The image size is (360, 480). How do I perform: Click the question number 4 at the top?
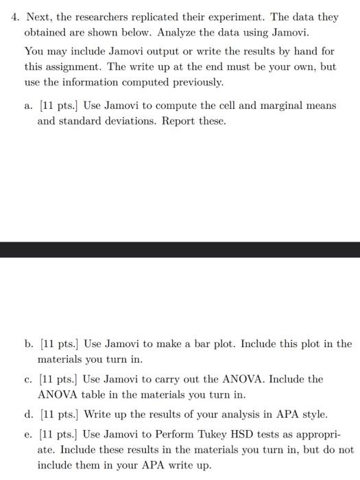(x=14, y=16)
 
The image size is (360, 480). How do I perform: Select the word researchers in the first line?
(x=108, y=16)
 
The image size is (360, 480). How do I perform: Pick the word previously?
(x=197, y=83)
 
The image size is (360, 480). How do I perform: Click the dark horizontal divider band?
(x=180, y=249)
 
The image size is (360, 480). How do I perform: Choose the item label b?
(x=27, y=344)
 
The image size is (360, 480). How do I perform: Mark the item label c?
(x=27, y=379)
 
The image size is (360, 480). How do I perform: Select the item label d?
(x=27, y=414)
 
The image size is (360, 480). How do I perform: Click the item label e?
(x=27, y=435)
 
